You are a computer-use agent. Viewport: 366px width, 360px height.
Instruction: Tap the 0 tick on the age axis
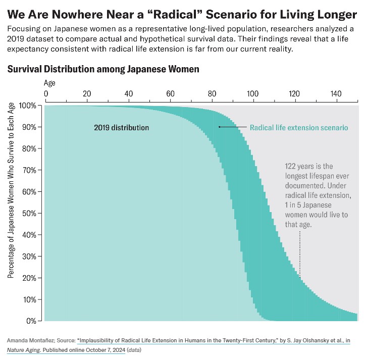tap(46, 93)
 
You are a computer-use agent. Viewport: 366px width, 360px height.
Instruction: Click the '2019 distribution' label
tap(122, 127)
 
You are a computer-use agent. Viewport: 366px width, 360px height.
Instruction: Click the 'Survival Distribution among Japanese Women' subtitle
tap(103, 69)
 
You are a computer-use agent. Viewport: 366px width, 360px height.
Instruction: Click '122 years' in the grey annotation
tap(302, 166)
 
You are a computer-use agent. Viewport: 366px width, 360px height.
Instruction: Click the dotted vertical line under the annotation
tap(300, 252)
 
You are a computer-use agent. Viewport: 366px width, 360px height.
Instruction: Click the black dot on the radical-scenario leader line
tap(219, 127)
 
